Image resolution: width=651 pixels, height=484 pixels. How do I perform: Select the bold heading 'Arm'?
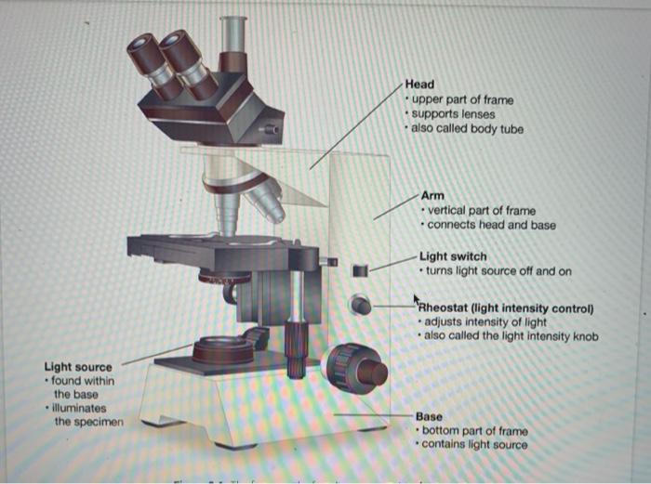coord(432,196)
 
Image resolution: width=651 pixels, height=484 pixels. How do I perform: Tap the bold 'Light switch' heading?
coord(452,256)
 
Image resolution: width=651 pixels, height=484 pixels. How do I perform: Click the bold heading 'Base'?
coord(430,417)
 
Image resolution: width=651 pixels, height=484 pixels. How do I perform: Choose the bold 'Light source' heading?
coord(78,368)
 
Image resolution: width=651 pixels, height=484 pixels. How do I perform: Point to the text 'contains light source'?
coord(474,445)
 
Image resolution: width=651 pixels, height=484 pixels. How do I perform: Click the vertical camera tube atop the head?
coord(233,38)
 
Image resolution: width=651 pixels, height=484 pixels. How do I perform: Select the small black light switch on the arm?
coord(360,270)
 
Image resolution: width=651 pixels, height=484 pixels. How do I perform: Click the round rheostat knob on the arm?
coord(360,305)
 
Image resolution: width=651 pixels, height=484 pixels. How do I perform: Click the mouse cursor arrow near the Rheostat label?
coord(418,299)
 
